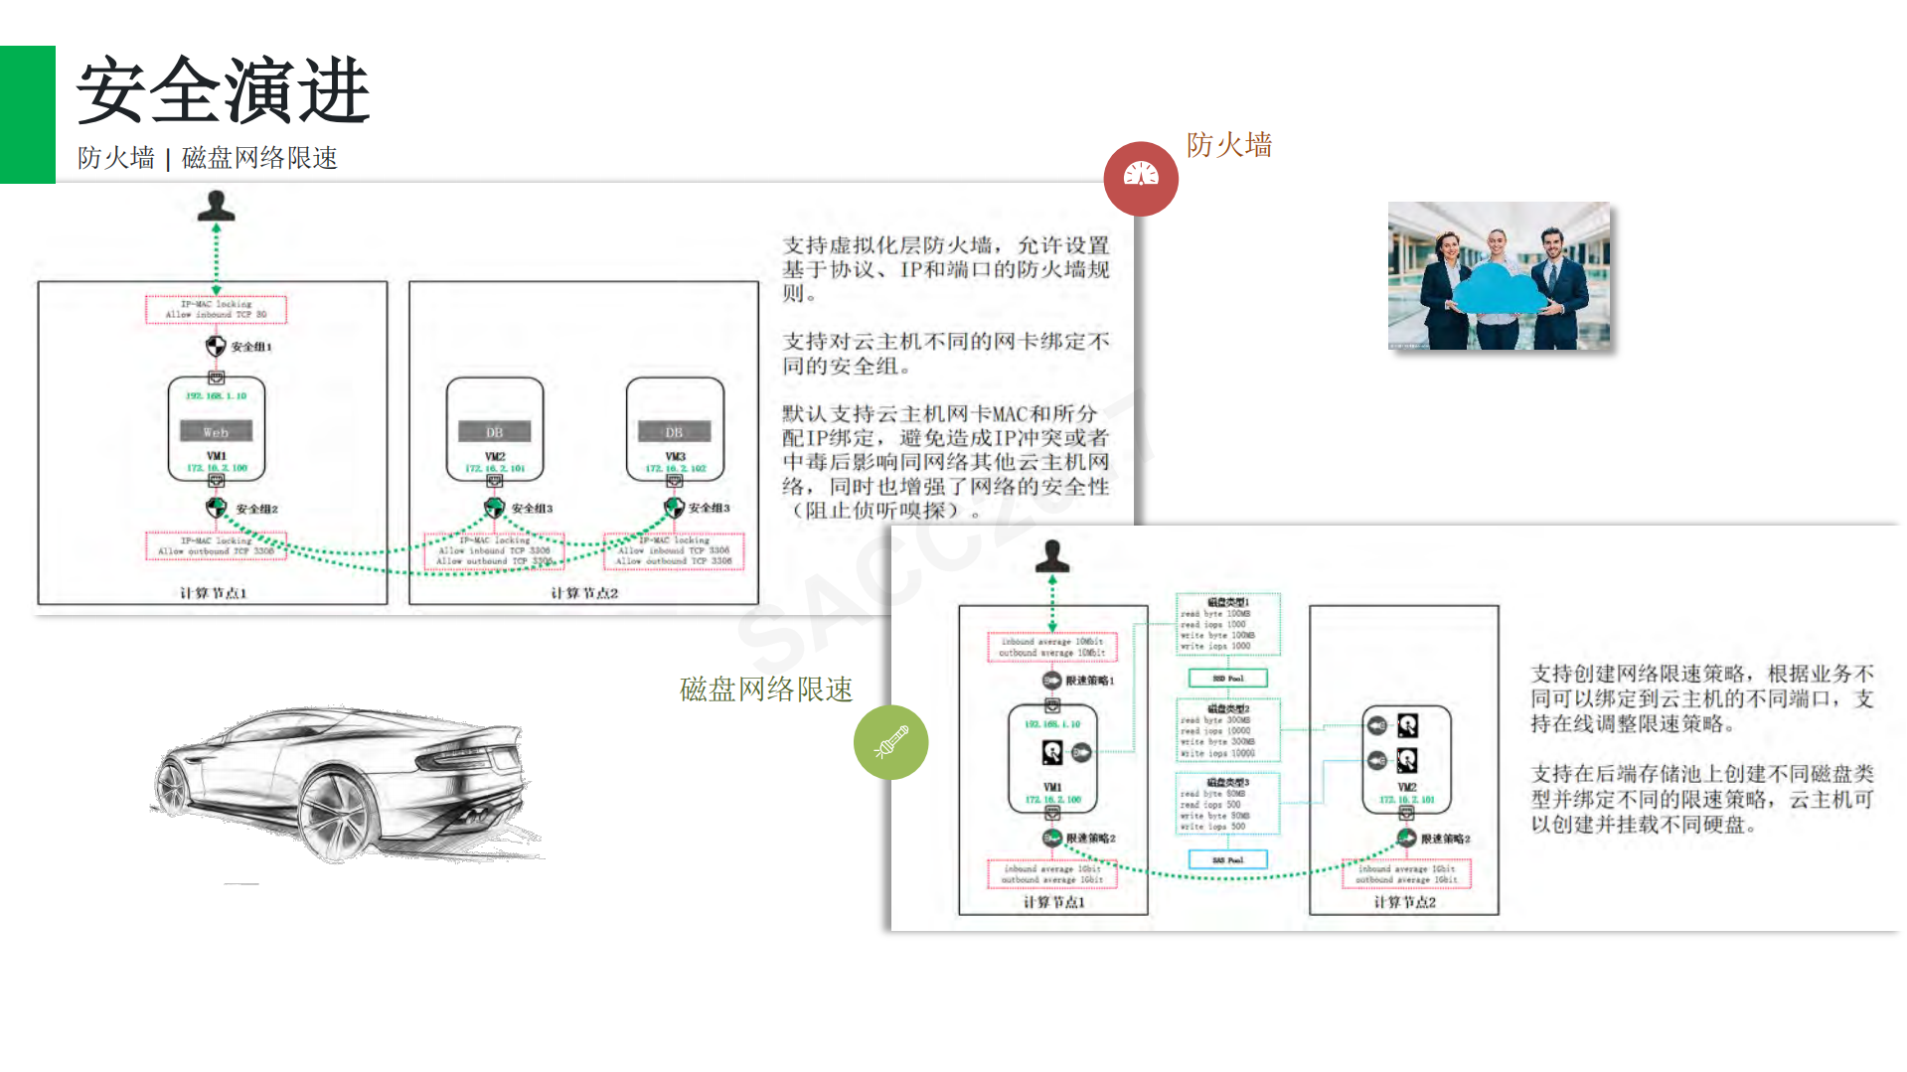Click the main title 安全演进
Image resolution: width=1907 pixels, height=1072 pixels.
coord(224,91)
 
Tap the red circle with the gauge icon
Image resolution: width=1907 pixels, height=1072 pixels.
coord(1141,179)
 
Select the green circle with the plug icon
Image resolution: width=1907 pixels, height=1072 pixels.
coord(890,742)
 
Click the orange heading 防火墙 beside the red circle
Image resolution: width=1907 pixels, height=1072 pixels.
coord(1228,145)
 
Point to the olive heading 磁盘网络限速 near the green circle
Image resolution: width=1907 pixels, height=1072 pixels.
coord(765,689)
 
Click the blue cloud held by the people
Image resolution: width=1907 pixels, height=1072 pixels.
coord(1499,288)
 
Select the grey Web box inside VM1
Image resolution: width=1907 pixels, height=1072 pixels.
coord(216,431)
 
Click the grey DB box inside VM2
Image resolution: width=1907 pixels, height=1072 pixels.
coord(494,432)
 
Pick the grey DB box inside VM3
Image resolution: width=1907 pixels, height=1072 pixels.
coord(674,432)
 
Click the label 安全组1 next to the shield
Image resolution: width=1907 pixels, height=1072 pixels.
coord(250,347)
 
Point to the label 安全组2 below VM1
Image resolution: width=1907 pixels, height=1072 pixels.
coord(256,509)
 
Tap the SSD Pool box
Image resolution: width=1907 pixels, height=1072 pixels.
coord(1227,679)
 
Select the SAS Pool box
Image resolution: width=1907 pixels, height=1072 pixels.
coord(1227,859)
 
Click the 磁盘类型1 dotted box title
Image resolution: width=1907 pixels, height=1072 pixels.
coord(1227,602)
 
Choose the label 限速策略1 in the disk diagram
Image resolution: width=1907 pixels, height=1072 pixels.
coord(1089,681)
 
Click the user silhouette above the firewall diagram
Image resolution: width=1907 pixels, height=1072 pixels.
coord(216,206)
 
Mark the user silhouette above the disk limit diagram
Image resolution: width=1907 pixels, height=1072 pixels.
coord(1052,556)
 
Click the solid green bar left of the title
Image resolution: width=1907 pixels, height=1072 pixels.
coord(27,114)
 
